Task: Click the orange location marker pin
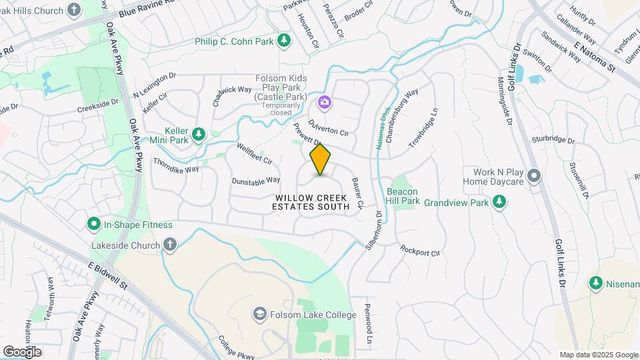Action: (321, 159)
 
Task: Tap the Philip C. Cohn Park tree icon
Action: (285, 41)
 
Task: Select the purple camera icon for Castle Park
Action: (325, 102)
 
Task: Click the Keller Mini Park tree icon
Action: (198, 135)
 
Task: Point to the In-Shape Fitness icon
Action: (94, 225)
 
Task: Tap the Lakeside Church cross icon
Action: (170, 245)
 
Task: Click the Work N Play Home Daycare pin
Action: (533, 175)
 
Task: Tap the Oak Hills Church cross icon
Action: (75, 10)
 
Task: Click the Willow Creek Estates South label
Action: (312, 203)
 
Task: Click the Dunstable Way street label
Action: (255, 181)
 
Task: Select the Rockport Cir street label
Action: (420, 251)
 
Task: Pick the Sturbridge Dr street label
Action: (553, 140)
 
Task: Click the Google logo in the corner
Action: (22, 351)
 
